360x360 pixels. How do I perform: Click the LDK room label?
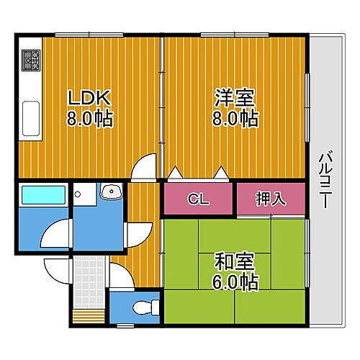(90, 97)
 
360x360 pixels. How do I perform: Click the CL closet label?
(199, 199)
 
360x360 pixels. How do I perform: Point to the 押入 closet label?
(271, 199)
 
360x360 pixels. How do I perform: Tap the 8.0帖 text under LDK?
(90, 119)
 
